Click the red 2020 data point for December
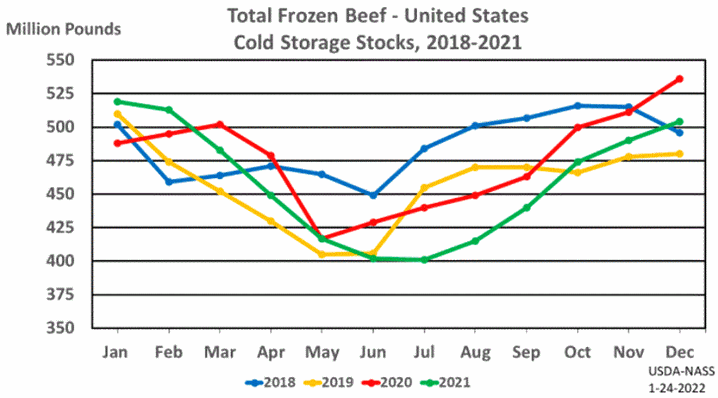(x=679, y=78)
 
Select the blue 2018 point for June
(x=373, y=195)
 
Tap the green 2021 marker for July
(x=424, y=260)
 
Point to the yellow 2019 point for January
(x=116, y=114)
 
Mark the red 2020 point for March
(x=219, y=125)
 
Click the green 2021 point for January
(x=116, y=102)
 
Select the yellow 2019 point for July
(x=424, y=188)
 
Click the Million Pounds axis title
(x=64, y=29)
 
